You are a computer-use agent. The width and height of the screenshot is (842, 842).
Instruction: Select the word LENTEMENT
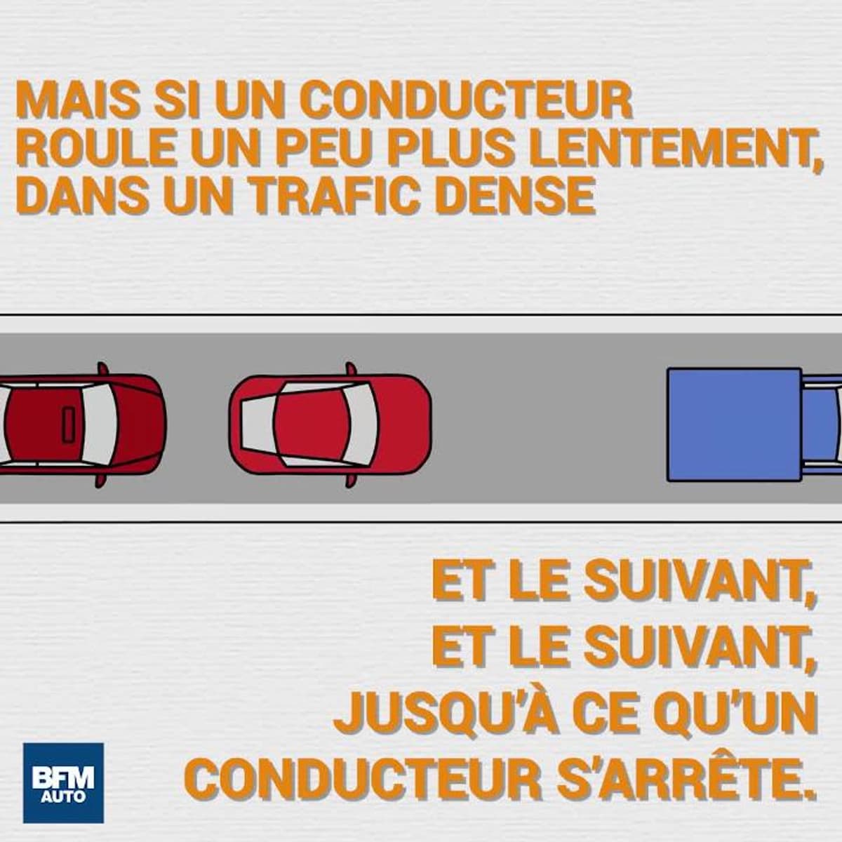[677, 151]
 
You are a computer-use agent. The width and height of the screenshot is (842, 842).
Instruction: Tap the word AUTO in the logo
[63, 785]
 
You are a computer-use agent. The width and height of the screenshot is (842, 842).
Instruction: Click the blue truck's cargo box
[734, 425]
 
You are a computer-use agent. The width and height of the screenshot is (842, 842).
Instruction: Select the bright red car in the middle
[330, 425]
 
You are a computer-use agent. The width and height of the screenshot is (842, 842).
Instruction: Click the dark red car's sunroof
[69, 425]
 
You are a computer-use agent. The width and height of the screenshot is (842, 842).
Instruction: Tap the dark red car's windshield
[100, 425]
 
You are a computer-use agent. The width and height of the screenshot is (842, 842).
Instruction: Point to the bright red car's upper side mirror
[350, 369]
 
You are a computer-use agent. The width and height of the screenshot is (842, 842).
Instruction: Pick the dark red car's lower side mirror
[101, 480]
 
